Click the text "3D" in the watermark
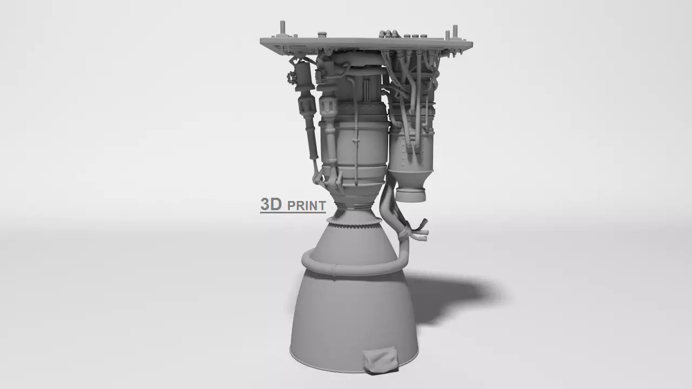click(271, 204)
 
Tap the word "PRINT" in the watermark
click(307, 206)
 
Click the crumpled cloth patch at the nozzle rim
click(381, 361)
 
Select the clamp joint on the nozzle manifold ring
click(334, 270)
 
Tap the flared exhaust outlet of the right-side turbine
click(410, 192)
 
